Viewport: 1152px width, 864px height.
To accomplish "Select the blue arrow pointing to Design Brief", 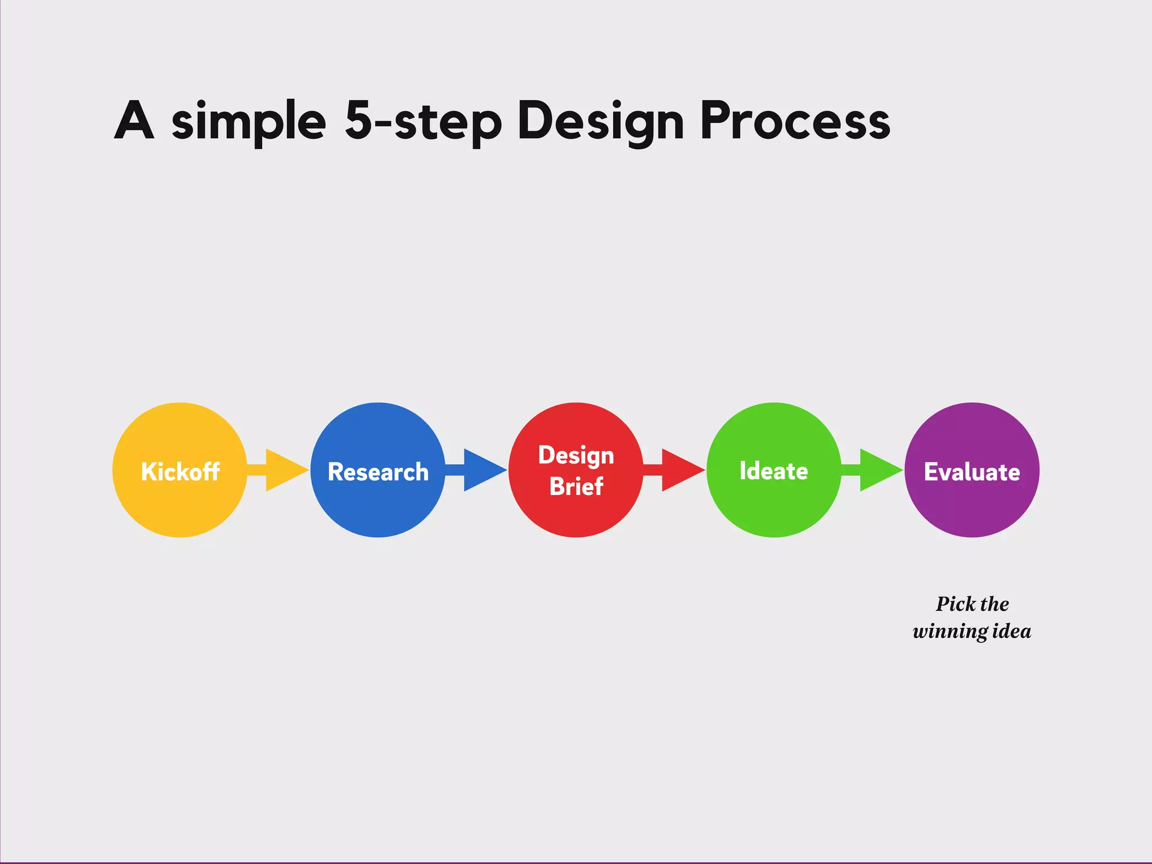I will pos(480,470).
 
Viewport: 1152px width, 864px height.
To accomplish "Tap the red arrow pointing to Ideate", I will pos(678,470).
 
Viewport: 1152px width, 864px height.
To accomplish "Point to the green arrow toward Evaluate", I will pos(876,470).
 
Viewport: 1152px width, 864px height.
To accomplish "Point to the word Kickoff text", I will pos(180,471).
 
